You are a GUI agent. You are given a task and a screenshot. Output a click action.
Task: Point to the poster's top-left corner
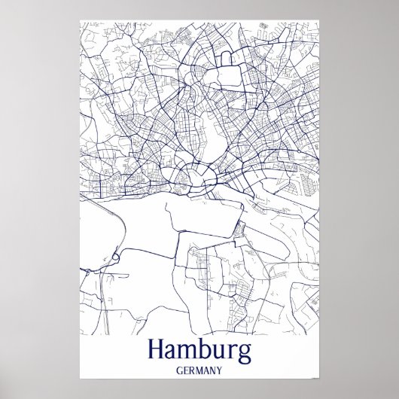80,19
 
